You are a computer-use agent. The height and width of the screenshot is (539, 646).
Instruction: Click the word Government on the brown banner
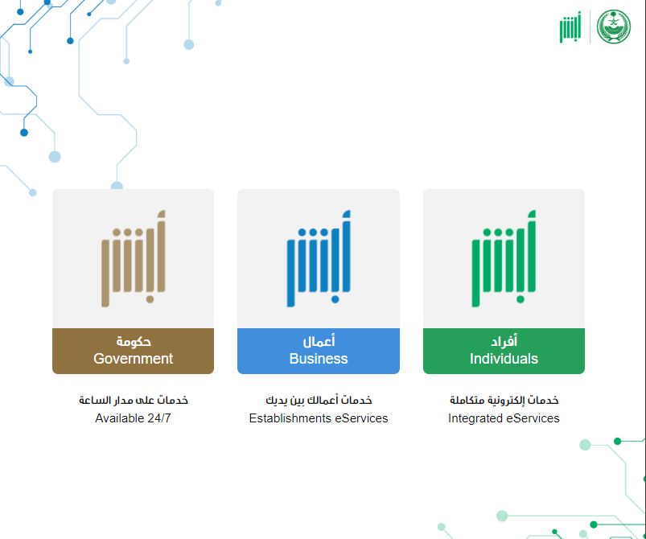133,359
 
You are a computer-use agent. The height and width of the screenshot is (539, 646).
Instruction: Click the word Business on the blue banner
319,359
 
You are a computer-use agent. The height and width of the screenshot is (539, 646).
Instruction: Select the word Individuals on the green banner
504,359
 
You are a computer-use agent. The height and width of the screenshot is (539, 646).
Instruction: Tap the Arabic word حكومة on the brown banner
133,341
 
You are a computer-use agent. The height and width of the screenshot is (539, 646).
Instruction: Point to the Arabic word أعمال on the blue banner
319,341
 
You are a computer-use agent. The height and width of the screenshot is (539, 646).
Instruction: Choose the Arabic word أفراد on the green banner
504,341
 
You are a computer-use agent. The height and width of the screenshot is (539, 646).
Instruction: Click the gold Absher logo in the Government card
134,259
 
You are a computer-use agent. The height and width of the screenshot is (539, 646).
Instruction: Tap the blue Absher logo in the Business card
319,259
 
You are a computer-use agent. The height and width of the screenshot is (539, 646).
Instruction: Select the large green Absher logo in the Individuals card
504,259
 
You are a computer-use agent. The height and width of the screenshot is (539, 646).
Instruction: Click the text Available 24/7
133,418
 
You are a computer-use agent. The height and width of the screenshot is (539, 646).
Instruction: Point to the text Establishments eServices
319,418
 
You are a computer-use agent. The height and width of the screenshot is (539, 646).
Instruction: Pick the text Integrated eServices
504,418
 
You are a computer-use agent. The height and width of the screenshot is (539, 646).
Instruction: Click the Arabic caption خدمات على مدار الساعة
133,400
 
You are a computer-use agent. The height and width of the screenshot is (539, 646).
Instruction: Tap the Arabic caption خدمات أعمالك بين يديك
319,400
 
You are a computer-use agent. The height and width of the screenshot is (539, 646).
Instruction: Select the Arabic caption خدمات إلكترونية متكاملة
504,400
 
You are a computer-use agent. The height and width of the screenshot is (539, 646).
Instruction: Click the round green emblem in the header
614,27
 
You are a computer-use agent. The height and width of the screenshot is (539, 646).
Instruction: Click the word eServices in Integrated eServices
533,418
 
